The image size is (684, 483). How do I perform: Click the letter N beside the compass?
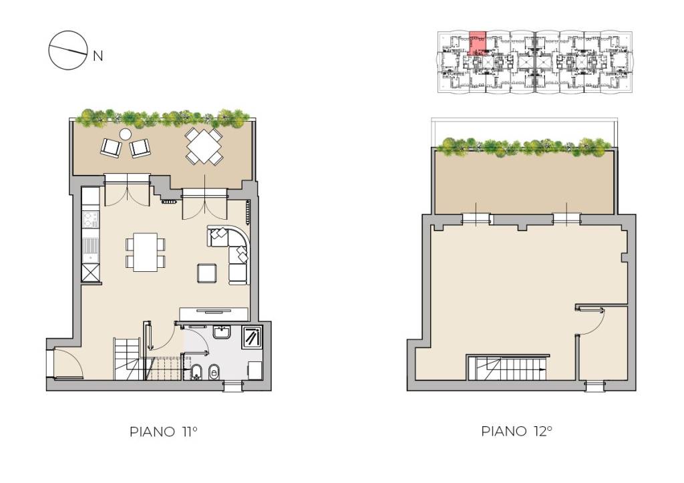click(98, 56)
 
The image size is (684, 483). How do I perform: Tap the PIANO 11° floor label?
click(164, 432)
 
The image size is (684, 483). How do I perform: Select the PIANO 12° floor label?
click(517, 431)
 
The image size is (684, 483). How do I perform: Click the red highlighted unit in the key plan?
click(477, 43)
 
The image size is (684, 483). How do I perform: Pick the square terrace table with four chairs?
click(204, 146)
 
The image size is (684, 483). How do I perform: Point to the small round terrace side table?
click(126, 134)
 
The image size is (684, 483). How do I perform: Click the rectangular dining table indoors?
click(145, 253)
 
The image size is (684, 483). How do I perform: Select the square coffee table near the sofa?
click(207, 274)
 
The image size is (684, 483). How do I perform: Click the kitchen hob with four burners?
click(91, 220)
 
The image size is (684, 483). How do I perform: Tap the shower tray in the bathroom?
click(252, 337)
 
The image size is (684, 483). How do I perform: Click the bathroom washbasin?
click(222, 333)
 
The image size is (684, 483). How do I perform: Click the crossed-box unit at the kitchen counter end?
click(91, 274)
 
